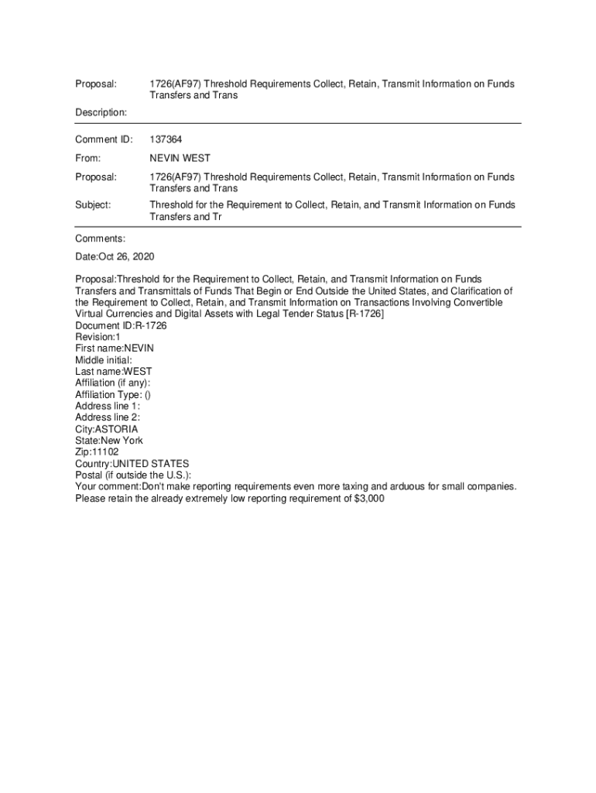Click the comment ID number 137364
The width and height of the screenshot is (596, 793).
pos(166,139)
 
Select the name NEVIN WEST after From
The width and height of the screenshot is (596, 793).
pos(180,158)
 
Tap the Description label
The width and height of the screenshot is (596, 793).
pos(101,112)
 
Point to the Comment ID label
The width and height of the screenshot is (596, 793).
pos(104,139)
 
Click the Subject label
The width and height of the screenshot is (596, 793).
pos(93,205)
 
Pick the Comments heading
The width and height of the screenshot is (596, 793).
pos(100,239)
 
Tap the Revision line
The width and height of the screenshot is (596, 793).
pos(98,337)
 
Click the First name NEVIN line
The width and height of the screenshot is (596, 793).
pos(109,348)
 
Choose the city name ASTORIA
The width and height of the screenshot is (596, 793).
pos(116,428)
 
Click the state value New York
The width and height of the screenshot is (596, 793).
pos(122,441)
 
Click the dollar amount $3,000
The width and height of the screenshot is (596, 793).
pos(368,499)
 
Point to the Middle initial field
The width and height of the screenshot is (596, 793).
pos(104,360)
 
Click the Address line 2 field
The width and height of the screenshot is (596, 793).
pos(108,417)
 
